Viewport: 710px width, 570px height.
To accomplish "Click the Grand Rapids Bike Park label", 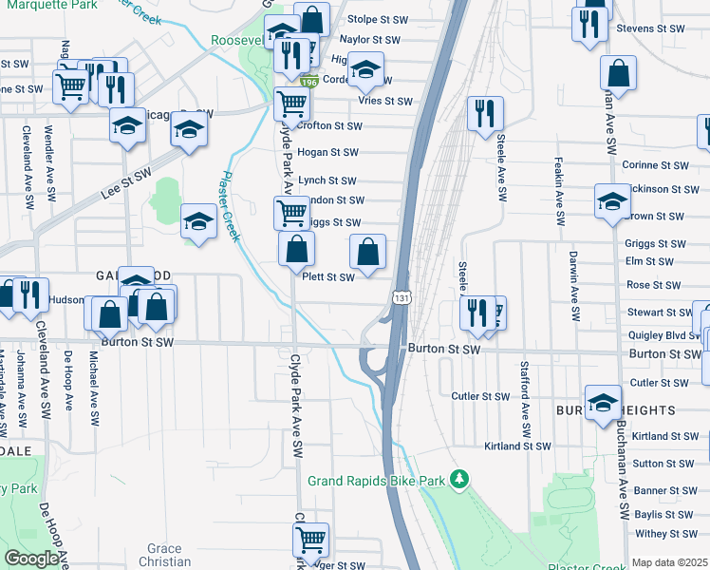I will coord(376,481).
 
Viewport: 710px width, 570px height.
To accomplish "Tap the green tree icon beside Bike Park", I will coord(459,478).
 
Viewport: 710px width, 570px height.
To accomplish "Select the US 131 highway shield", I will coord(402,298).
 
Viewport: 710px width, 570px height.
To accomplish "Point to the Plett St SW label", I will coord(327,277).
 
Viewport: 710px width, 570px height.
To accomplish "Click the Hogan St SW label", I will coord(327,152).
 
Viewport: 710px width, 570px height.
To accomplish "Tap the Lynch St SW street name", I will coord(327,180).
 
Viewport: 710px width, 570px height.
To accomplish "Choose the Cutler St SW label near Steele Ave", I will coord(481,396).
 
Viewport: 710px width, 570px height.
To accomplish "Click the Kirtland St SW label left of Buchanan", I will coord(517,446).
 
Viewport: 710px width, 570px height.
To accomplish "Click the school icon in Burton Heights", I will coord(603,402).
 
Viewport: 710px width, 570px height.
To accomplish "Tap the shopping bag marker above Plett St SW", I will coord(368,253).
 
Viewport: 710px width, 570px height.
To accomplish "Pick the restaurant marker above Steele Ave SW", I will coord(485,113).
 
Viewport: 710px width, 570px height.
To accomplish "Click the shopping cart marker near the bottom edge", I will coord(310,540).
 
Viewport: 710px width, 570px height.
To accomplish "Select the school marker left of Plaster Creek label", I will coord(197,221).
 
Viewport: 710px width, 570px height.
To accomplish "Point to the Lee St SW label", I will coord(126,184).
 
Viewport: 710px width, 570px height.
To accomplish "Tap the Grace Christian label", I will coord(164,555).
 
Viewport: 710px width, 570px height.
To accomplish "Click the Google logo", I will coord(30,559).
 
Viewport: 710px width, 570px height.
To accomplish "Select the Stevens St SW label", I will coord(650,28).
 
